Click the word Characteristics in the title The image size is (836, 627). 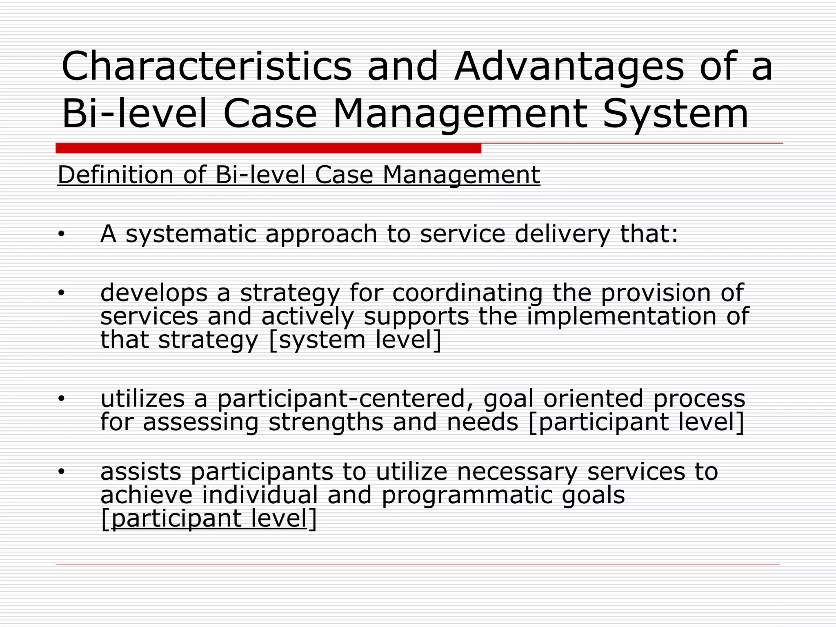click(x=206, y=66)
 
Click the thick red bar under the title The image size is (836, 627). click(x=268, y=148)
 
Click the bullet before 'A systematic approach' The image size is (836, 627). click(x=61, y=234)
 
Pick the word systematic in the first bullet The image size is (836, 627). click(x=190, y=234)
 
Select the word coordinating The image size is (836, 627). click(x=467, y=293)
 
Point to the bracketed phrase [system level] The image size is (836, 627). click(x=355, y=340)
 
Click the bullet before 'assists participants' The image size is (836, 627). click(x=61, y=472)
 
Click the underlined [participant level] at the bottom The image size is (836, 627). click(x=208, y=518)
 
